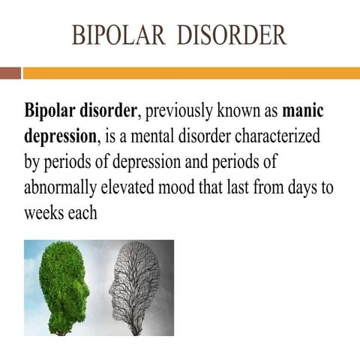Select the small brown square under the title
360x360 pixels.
[x=10, y=73]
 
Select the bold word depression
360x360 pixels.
[x=60, y=137]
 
